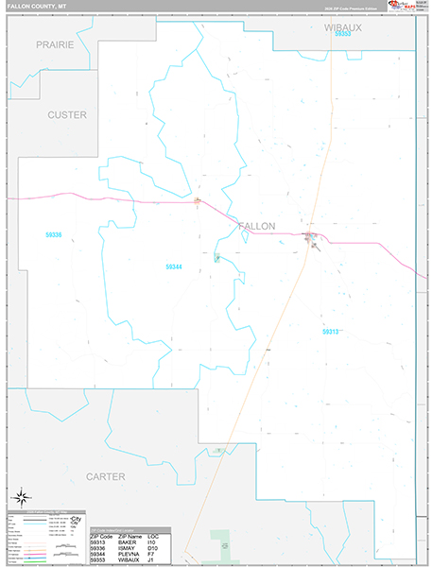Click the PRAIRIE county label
55,44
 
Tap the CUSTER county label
66,114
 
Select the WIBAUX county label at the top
342,27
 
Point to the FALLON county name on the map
257,226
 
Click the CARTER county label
105,477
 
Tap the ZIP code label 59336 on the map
53,234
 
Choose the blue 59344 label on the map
173,267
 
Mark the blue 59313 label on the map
330,332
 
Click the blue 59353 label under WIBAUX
342,35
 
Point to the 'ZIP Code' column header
100,536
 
